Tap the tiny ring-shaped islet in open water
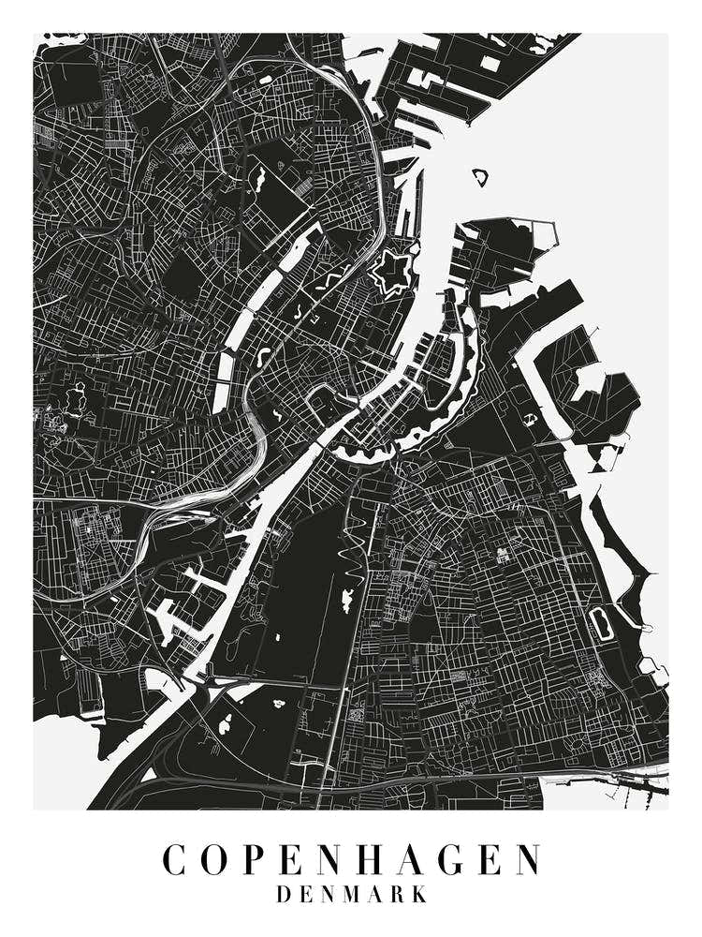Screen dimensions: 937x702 pos(480,175)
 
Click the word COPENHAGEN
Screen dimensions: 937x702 pos(351,860)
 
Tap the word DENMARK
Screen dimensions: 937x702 pos(351,895)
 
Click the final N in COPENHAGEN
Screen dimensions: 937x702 pos(527,860)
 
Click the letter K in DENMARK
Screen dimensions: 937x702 pos(418,895)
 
